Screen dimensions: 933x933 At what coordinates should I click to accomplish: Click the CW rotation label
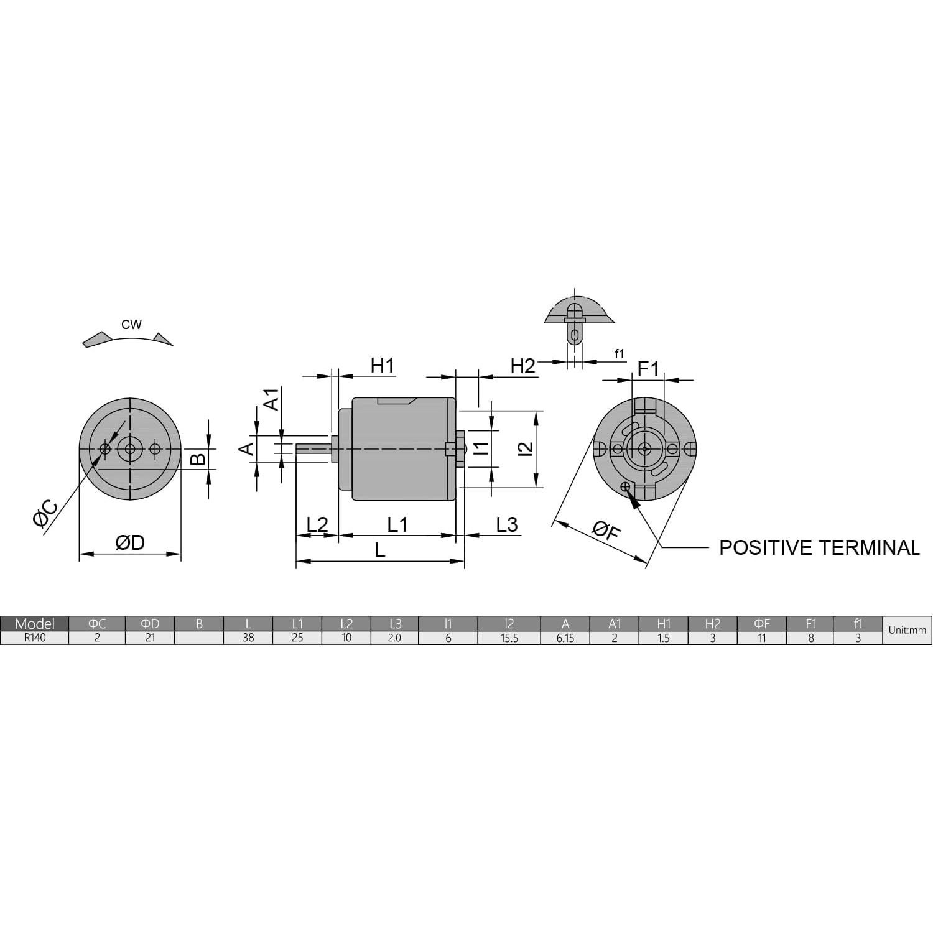click(x=131, y=324)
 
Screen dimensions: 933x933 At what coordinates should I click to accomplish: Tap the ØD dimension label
click(x=130, y=542)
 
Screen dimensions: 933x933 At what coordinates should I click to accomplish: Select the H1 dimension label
click(x=383, y=366)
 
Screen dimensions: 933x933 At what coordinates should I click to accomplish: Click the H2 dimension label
click(x=522, y=366)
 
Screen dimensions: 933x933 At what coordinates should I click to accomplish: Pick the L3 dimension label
click(x=507, y=525)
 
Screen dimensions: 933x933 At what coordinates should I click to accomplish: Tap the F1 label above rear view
click(x=648, y=369)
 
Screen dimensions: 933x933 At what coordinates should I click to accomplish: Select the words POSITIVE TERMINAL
click(x=819, y=547)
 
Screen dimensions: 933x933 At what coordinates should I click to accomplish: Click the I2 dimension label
click(x=526, y=448)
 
